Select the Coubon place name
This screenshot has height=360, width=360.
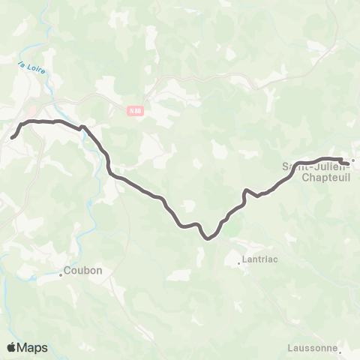[x=82, y=271]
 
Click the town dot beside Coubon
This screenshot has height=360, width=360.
[x=61, y=274]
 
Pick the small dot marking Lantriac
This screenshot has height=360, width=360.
[x=239, y=263]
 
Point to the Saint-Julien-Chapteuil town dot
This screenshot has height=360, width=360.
[x=352, y=159]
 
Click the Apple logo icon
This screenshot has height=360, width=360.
[x=12, y=348]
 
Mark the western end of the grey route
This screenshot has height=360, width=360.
[x=12, y=138]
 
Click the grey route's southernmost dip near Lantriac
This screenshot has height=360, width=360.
[x=208, y=238]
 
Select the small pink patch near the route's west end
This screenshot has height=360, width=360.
[x=32, y=110]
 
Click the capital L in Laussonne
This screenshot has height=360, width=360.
[x=290, y=348]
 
